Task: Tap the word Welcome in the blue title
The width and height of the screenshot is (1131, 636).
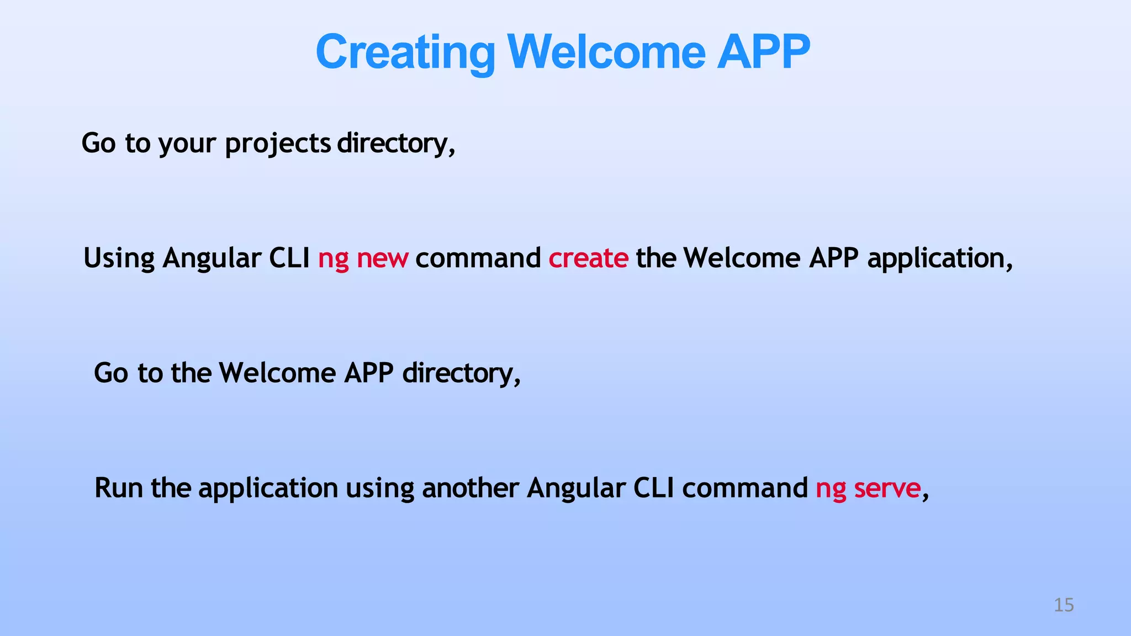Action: pos(606,52)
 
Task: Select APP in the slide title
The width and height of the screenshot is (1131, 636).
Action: pos(763,52)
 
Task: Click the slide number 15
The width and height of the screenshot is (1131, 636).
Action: pos(1064,605)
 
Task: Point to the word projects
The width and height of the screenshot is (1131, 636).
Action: pos(278,144)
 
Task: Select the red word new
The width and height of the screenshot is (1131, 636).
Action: pos(382,258)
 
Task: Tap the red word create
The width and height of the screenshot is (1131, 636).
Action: pos(588,258)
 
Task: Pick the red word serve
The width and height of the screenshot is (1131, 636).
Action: pos(887,488)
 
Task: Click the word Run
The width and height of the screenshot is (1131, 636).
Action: pos(118,488)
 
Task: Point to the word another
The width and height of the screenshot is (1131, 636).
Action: pos(470,488)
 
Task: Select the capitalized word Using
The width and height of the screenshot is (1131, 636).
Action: pos(119,258)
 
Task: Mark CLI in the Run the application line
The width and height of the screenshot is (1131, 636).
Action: pos(653,488)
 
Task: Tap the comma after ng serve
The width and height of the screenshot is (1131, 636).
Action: pos(926,493)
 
